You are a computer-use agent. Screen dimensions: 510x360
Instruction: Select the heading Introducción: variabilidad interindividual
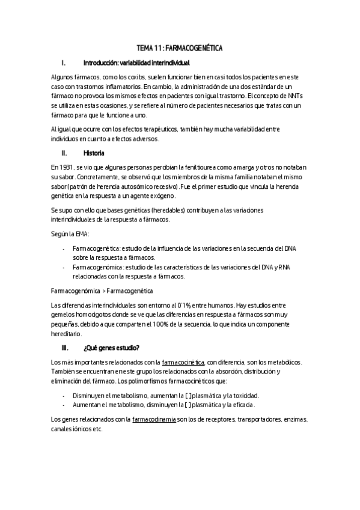click(x=136, y=63)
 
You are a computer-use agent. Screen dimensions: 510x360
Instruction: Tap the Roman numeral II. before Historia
click(x=66, y=153)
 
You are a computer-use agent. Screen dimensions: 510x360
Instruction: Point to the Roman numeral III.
click(x=66, y=348)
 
